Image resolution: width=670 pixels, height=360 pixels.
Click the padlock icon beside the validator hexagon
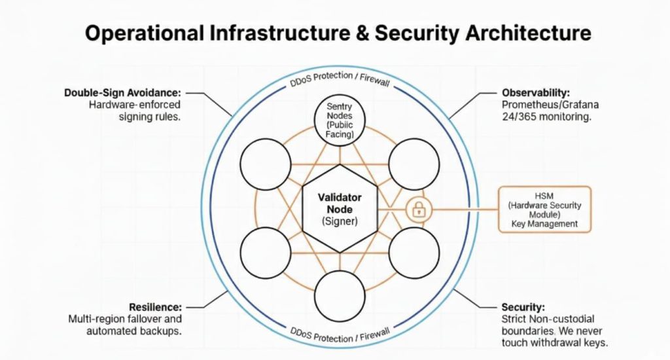[x=417, y=209]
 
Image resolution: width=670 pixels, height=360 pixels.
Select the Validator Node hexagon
[x=340, y=209]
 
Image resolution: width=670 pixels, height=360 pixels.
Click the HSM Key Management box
[x=544, y=209]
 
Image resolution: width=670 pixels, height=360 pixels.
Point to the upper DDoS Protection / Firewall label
[x=340, y=82]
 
